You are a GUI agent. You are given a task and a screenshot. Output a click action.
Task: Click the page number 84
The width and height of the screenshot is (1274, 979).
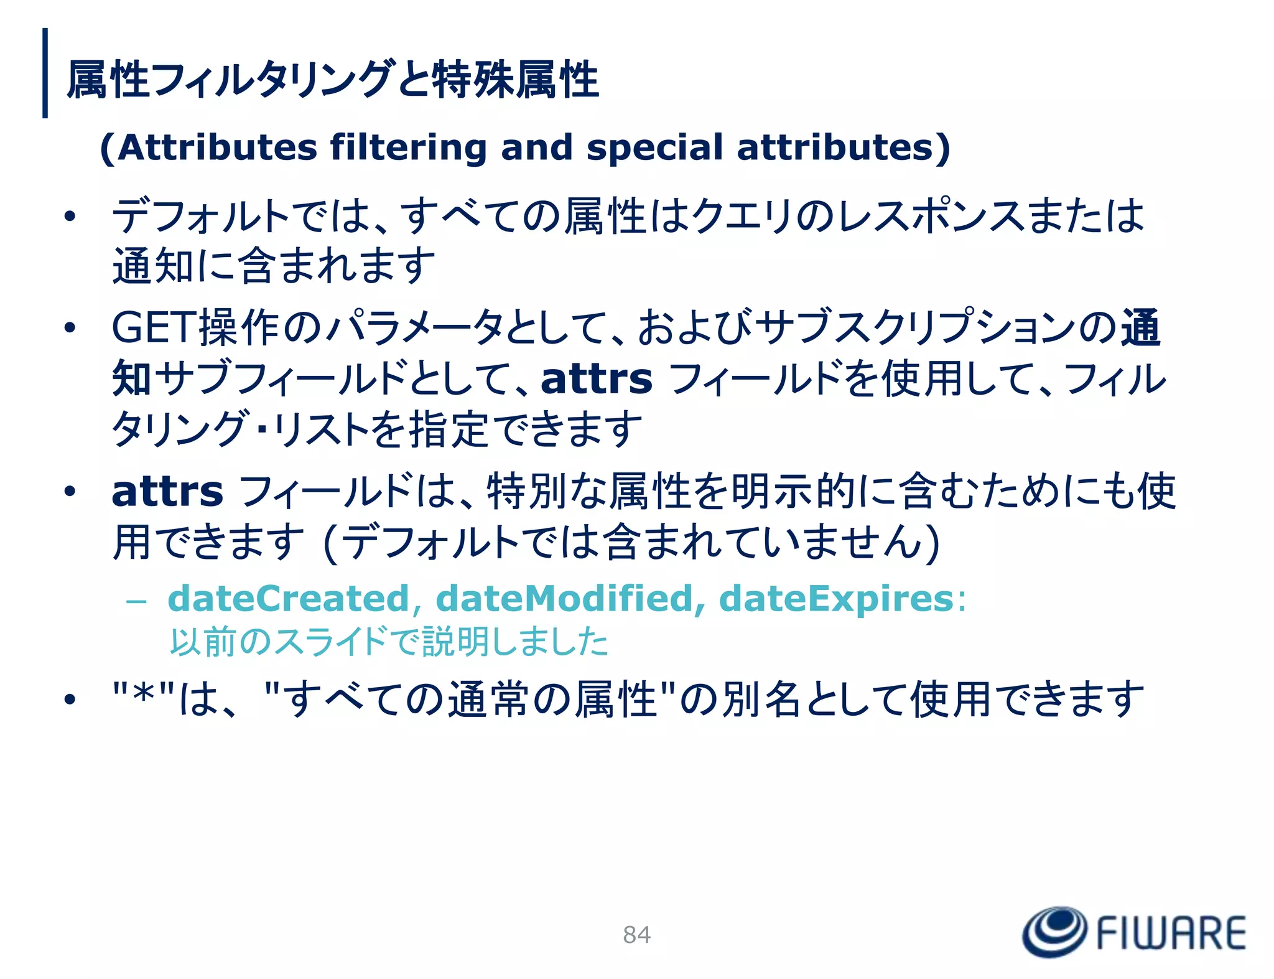coord(636,934)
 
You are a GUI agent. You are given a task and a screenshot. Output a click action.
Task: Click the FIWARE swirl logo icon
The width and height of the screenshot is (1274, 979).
coord(1054,931)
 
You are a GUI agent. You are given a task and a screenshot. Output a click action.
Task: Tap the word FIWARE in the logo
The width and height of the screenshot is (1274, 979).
coord(1171,933)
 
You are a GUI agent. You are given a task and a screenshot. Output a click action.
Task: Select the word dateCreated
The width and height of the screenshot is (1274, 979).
coord(289,599)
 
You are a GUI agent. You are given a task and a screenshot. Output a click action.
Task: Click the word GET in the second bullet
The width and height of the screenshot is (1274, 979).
coord(154,327)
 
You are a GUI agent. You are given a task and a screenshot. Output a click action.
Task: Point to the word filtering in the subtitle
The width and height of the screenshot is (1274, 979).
coord(408,148)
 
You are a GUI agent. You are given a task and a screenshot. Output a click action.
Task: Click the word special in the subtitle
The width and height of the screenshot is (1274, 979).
coord(654,148)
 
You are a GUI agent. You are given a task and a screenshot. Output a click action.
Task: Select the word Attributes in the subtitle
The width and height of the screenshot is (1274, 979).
coord(217,148)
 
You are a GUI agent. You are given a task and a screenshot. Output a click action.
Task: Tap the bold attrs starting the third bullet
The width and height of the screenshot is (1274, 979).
coord(167,492)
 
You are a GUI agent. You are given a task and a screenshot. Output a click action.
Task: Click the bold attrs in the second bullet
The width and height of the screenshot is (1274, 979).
coord(597,379)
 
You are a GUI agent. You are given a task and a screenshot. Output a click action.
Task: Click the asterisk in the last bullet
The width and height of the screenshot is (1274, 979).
coord(144,695)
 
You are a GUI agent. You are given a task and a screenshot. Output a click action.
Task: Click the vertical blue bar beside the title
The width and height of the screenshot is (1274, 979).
coord(45,73)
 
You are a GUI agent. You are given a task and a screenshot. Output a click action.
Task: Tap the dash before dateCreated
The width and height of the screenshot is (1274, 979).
coord(136,601)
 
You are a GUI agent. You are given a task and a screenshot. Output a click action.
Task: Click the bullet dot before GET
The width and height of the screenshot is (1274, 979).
coord(70,327)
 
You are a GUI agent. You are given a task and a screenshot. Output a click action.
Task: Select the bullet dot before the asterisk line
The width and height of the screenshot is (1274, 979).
coord(70,700)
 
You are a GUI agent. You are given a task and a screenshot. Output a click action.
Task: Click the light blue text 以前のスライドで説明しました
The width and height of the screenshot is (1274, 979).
coord(389,642)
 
